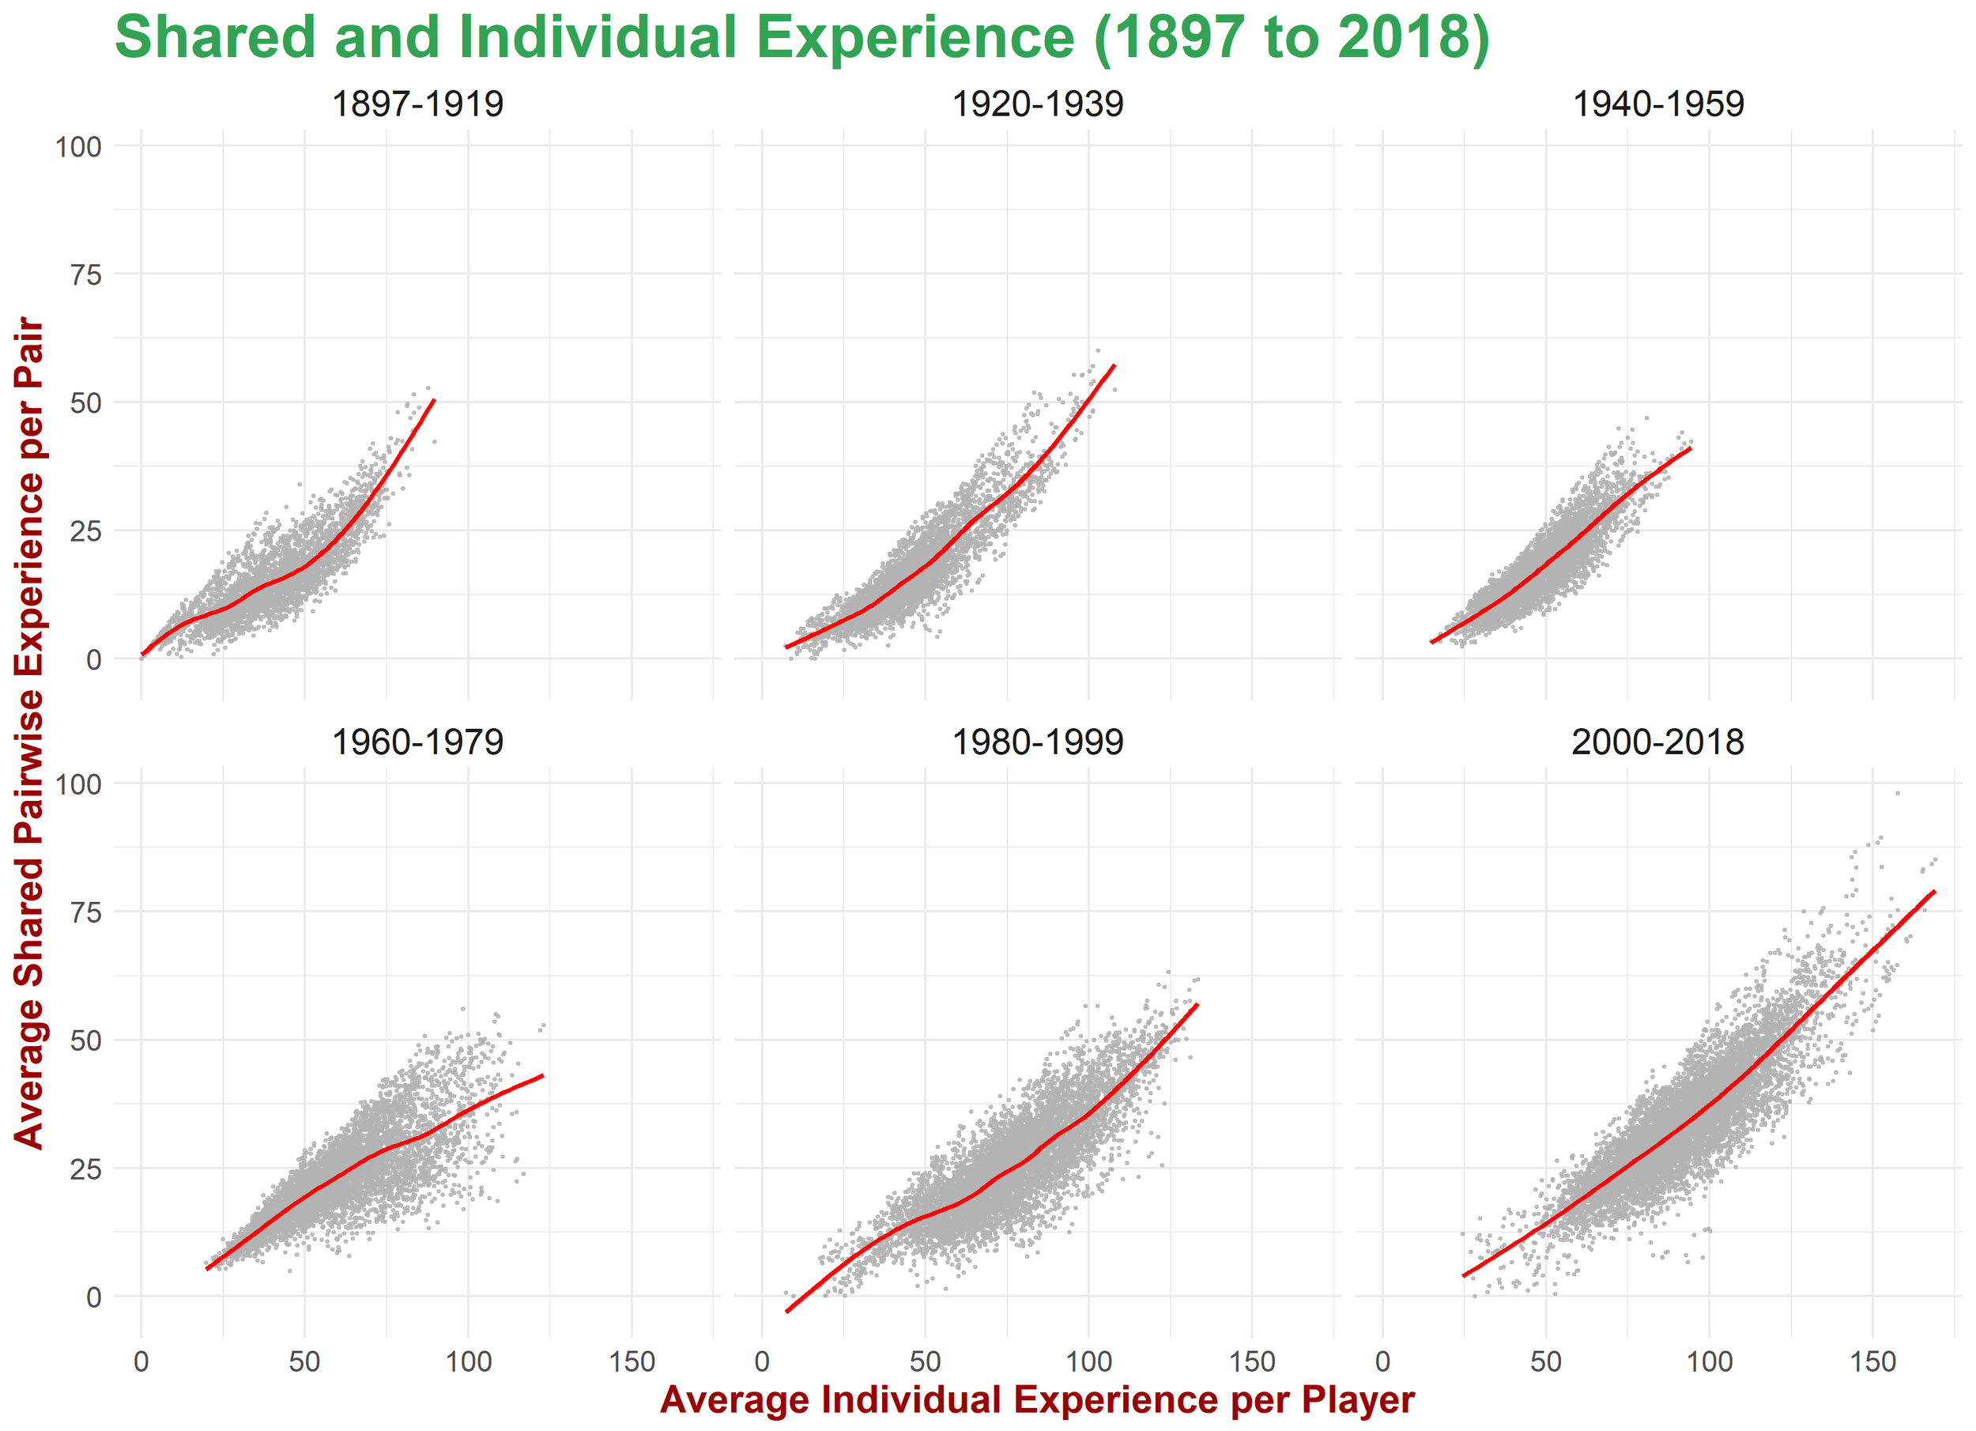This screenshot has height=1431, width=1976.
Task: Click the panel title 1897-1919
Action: tap(417, 104)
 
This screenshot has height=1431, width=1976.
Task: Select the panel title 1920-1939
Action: tap(1037, 104)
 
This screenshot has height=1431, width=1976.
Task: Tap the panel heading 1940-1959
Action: tap(1658, 104)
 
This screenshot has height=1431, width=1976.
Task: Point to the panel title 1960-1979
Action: tap(417, 742)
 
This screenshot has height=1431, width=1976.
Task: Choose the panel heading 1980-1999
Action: tap(1037, 742)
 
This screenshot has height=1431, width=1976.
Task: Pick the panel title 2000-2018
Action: tap(1658, 742)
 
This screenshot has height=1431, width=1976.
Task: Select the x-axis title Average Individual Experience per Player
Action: tap(1037, 1399)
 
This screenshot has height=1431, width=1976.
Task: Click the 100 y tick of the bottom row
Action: tap(78, 784)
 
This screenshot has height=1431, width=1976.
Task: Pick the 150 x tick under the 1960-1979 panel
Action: tap(632, 1361)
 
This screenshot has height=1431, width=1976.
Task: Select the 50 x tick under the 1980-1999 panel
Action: tap(926, 1361)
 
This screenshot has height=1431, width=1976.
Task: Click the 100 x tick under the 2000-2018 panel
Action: tap(1710, 1361)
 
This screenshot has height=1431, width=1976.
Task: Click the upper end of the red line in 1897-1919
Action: tap(434, 400)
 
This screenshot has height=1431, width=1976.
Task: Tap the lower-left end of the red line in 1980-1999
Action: tap(787, 1311)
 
